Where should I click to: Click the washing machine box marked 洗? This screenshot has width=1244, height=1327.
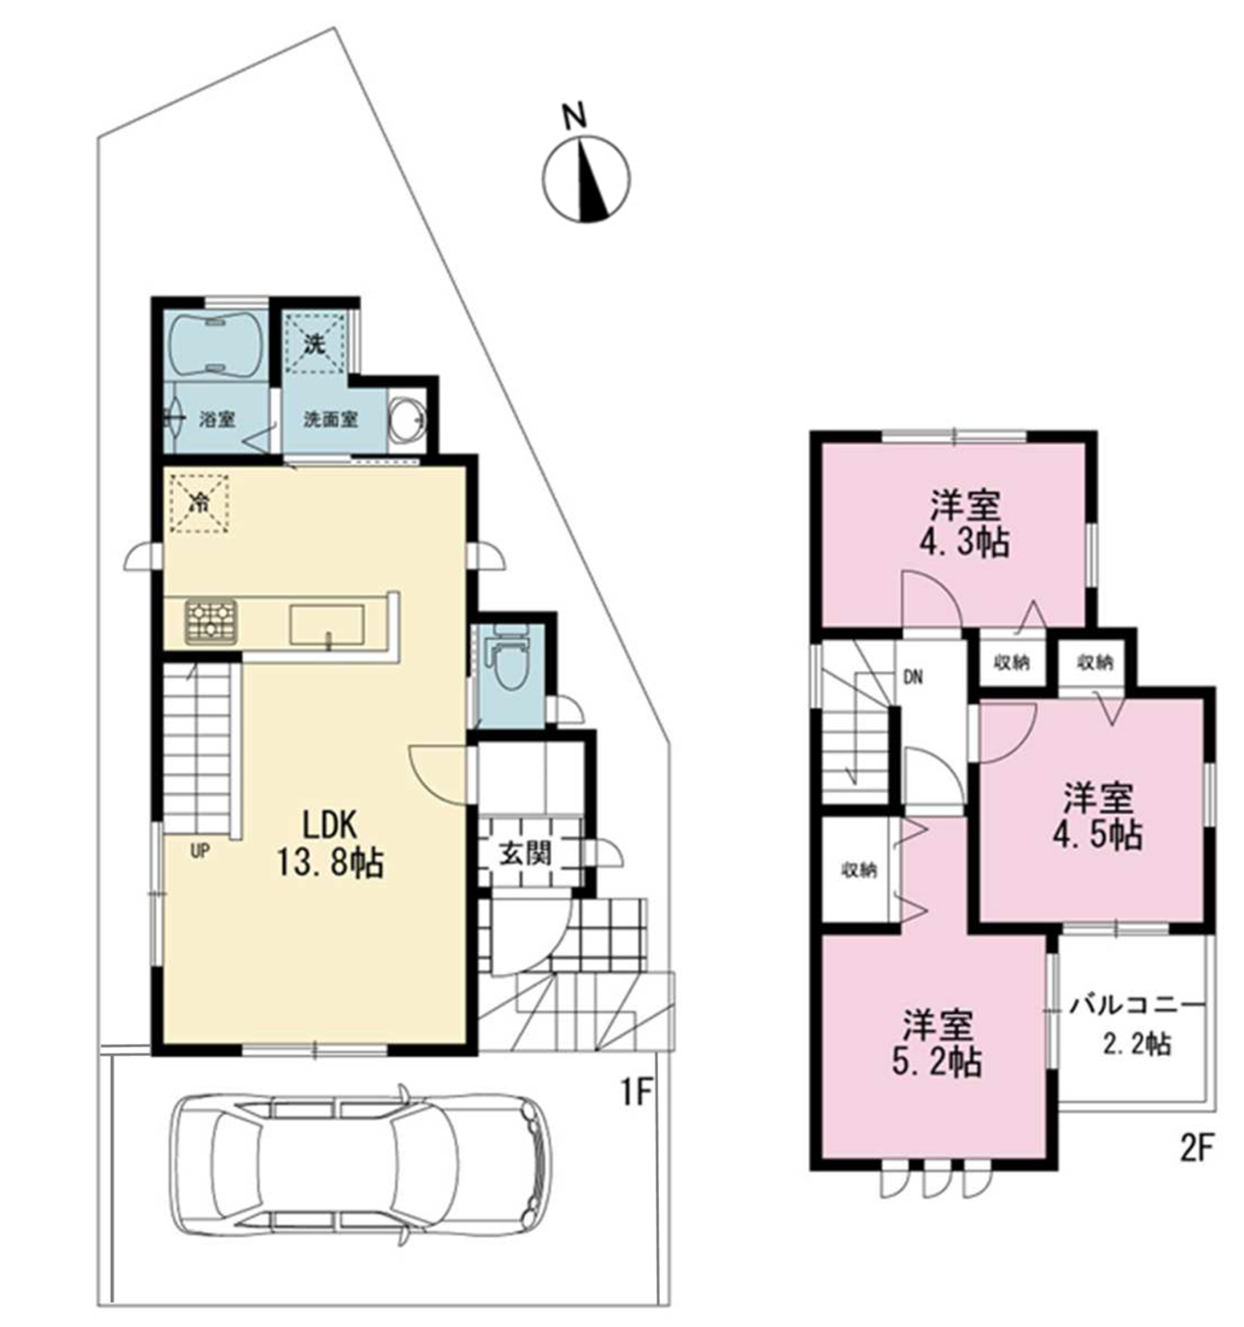click(x=315, y=343)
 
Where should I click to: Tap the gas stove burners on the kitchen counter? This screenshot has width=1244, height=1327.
click(x=211, y=622)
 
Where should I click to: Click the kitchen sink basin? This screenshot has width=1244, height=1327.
click(x=326, y=625)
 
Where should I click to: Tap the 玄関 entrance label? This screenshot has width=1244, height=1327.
click(x=526, y=853)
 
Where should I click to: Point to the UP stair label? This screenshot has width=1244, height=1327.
click(x=200, y=850)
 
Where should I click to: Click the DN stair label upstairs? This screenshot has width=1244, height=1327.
click(x=913, y=678)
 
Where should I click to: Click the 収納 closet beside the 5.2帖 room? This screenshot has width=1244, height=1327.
click(x=859, y=871)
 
